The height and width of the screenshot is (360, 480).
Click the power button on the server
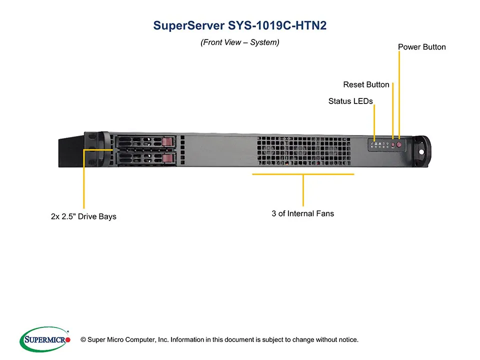click(399, 145)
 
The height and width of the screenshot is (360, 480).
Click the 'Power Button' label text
click(421, 47)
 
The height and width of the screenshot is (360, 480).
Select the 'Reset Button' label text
click(366, 84)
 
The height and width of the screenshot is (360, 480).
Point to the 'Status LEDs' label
click(350, 101)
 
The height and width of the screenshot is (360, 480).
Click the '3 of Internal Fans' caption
click(302, 213)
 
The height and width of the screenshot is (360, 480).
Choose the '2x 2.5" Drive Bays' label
click(83, 216)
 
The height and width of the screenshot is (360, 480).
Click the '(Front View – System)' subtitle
click(239, 42)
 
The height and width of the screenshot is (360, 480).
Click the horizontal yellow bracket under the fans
click(303, 174)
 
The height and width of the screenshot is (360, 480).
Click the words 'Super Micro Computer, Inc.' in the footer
click(127, 340)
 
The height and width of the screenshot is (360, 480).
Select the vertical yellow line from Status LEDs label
click(374, 120)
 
